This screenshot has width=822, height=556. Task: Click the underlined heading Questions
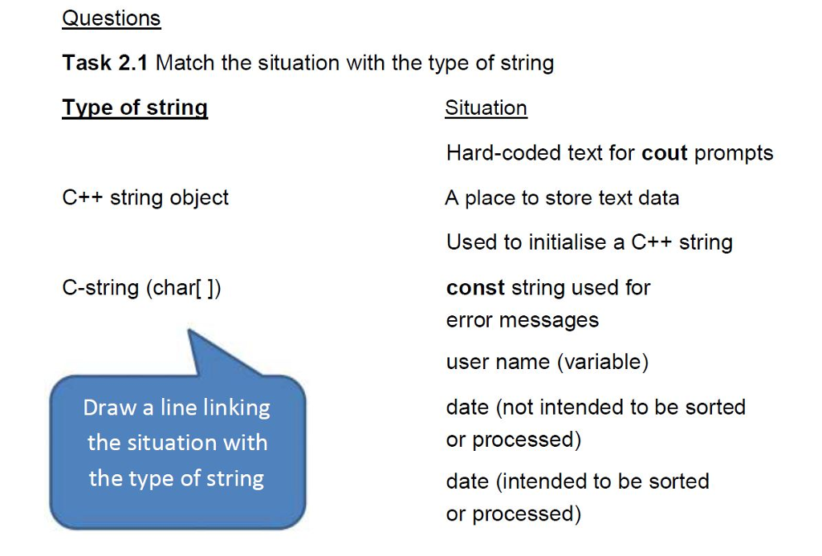click(111, 18)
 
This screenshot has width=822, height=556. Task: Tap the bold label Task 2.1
click(104, 63)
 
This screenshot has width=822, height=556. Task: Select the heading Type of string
click(134, 108)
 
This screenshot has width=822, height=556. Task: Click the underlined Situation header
click(486, 108)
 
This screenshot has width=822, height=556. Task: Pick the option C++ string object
click(145, 197)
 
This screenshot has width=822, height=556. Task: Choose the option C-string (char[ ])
click(141, 287)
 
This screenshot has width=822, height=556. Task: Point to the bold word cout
click(665, 152)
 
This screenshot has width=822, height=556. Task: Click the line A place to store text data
click(562, 197)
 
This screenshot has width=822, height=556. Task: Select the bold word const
click(475, 287)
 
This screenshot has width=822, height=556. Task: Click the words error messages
click(523, 320)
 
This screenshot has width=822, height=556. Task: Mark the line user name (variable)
click(547, 362)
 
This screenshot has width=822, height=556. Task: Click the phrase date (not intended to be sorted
click(596, 407)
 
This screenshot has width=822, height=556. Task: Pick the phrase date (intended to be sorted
click(577, 481)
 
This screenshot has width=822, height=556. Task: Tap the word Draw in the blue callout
click(109, 408)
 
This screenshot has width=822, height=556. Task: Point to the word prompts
click(734, 152)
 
